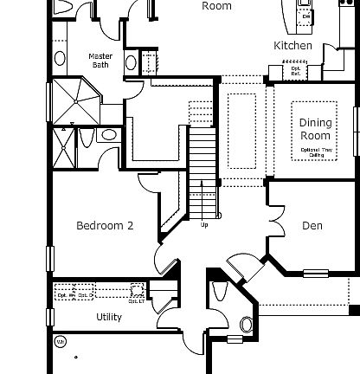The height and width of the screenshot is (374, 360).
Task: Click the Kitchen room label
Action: (292, 45)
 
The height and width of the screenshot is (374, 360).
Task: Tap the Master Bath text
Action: (101, 61)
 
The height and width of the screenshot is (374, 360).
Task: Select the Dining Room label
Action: (316, 129)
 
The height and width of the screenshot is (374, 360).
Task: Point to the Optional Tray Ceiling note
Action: (316, 152)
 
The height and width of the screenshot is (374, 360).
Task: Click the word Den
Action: (312, 226)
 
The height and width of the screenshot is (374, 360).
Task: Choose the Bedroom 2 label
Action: (105, 226)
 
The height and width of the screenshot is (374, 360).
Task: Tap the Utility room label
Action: (109, 317)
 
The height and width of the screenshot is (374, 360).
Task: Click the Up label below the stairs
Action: (204, 226)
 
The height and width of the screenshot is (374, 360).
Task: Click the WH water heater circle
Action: (60, 342)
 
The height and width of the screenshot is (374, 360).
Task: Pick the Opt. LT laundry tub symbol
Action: (137, 291)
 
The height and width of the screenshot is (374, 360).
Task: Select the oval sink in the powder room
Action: (246, 326)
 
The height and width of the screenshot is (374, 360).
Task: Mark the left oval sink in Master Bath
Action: (60, 59)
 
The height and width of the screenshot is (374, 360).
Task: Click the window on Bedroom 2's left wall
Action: (50, 259)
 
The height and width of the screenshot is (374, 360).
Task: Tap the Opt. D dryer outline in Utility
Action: (84, 292)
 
